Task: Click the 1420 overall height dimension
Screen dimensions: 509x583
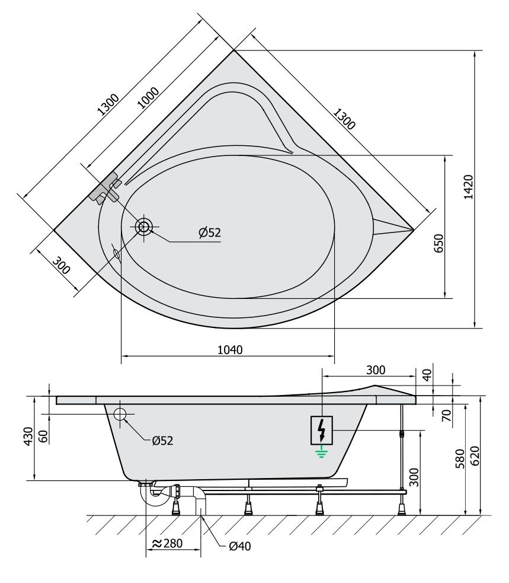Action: (469, 187)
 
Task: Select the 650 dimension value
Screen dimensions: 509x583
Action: (439, 243)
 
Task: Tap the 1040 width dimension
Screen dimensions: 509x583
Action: (230, 349)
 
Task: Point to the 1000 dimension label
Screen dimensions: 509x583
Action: (148, 97)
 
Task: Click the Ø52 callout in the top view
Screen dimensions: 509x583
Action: (210, 232)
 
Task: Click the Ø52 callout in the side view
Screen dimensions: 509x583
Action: (162, 441)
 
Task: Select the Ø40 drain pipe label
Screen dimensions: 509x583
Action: (240, 546)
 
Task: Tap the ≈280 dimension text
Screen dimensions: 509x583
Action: (168, 543)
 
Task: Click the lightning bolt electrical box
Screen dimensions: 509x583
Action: (322, 430)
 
